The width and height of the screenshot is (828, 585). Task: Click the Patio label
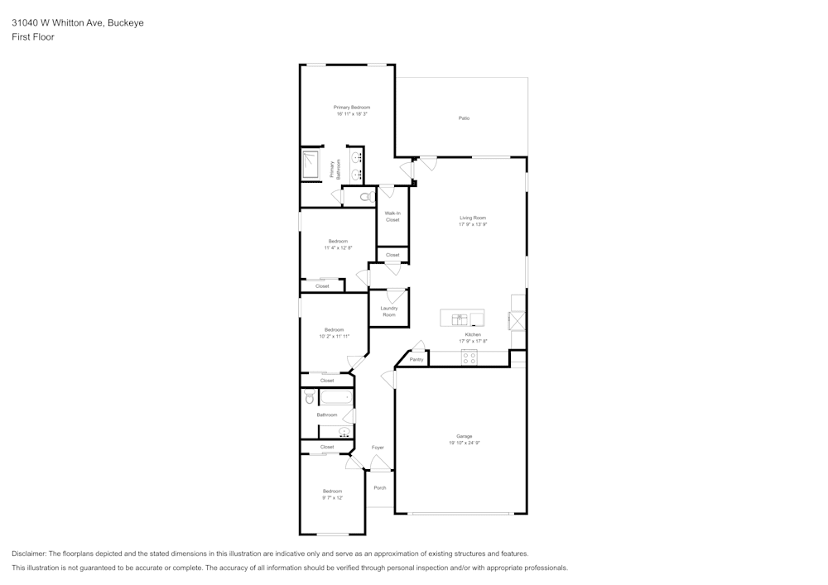click(464, 118)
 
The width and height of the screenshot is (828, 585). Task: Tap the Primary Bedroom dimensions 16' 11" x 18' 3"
click(351, 114)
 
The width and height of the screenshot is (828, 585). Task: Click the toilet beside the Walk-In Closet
click(365, 196)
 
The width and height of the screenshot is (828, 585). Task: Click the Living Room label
click(473, 218)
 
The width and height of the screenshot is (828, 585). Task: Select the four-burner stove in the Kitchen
click(469, 357)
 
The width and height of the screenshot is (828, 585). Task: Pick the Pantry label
click(416, 360)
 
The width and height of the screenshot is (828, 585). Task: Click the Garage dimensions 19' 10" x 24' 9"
click(464, 444)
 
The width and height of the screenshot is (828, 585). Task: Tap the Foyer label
click(378, 448)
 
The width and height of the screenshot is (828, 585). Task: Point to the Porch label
click(380, 487)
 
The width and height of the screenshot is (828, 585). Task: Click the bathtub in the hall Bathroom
click(335, 398)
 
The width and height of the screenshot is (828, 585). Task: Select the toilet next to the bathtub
click(309, 398)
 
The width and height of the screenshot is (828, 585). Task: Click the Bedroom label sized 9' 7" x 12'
click(332, 491)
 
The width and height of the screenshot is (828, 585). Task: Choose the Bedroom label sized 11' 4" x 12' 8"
click(338, 241)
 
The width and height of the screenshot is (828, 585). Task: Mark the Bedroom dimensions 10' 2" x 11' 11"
click(335, 336)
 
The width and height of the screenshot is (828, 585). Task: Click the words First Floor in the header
click(33, 37)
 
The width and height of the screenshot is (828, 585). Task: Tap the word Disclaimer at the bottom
click(29, 554)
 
